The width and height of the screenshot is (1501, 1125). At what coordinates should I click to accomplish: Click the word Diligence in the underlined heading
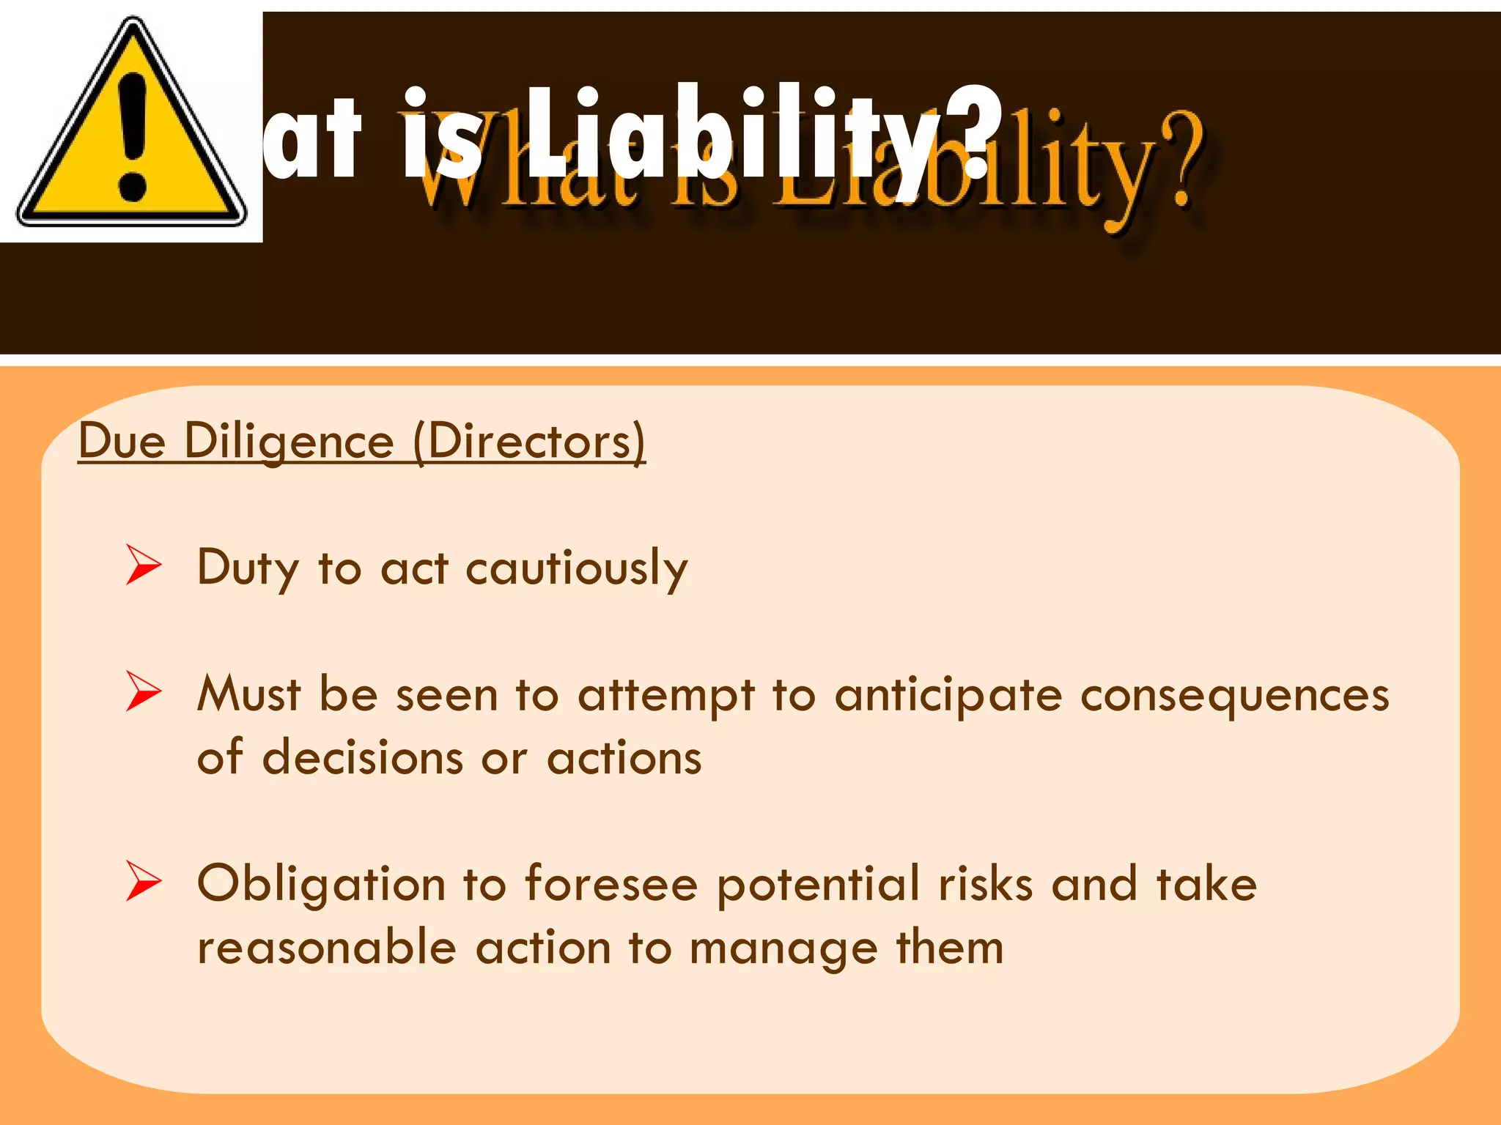click(289, 442)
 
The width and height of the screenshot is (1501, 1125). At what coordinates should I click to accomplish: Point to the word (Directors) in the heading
click(529, 442)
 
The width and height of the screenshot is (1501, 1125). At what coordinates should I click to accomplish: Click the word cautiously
click(577, 568)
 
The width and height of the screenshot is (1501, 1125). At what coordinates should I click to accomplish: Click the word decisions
click(363, 757)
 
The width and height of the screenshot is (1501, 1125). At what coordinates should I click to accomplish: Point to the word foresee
click(611, 883)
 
